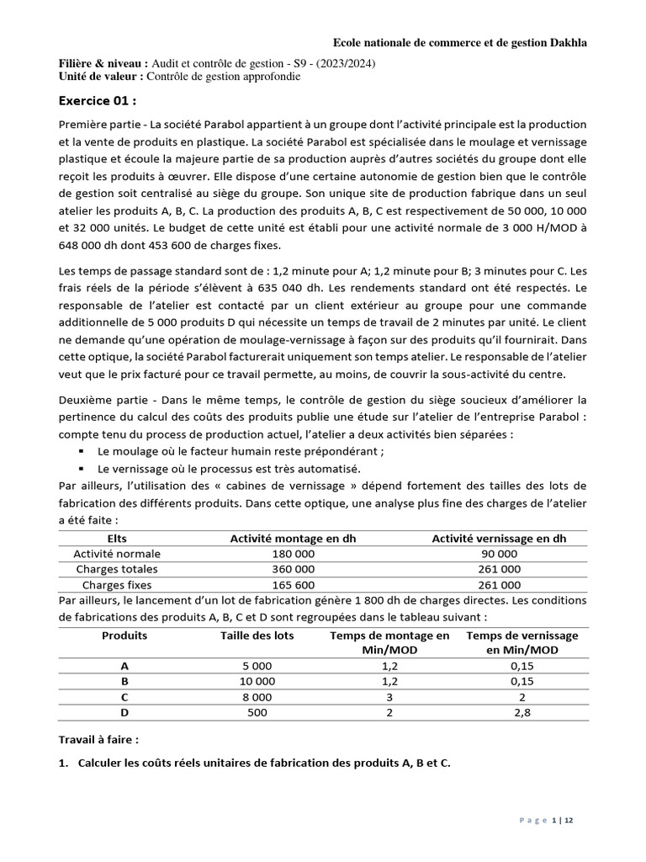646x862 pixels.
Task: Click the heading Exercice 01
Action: pos(98,100)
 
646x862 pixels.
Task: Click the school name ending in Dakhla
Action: pos(460,42)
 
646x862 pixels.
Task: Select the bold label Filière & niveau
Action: pos(103,64)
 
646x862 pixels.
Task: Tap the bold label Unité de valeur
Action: pos(100,77)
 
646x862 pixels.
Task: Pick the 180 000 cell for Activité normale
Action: pos(294,554)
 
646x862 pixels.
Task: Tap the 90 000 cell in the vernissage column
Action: pos(499,554)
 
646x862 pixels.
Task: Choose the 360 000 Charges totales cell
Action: pos(294,569)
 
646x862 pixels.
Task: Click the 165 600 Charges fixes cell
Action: pos(294,585)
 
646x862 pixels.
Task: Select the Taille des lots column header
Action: pos(257,636)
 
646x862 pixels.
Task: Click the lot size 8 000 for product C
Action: pos(257,697)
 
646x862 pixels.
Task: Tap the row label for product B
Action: pos(124,681)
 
